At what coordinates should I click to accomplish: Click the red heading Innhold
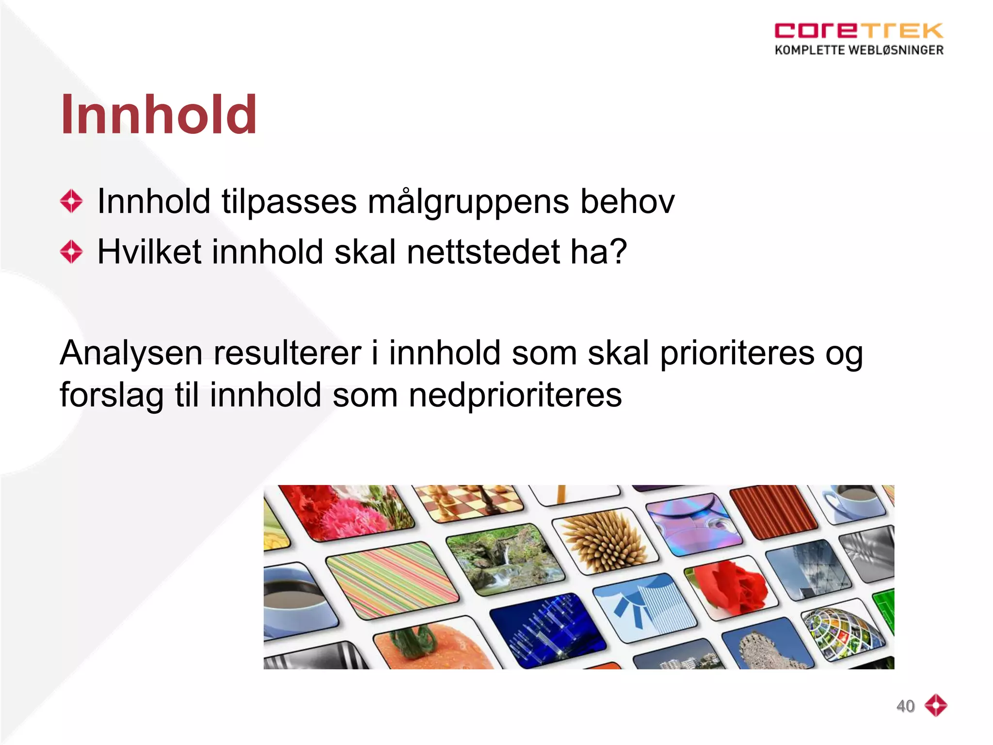coord(159,115)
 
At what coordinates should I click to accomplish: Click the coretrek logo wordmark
coord(858,31)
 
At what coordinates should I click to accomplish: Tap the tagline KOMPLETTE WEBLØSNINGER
coord(859,50)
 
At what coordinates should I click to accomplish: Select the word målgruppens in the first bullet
coord(468,201)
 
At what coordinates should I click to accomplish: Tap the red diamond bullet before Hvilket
coord(71,252)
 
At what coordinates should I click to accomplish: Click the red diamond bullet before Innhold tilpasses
coord(71,201)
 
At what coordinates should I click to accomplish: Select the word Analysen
coord(131,353)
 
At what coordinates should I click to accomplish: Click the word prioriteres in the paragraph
coord(737,353)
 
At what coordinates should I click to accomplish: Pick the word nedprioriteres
coord(515,395)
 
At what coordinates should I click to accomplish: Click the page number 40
coord(905,706)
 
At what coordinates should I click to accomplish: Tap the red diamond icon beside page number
coord(935,705)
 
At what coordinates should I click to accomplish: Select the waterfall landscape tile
coord(504,558)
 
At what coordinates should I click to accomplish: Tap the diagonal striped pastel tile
coord(392,580)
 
